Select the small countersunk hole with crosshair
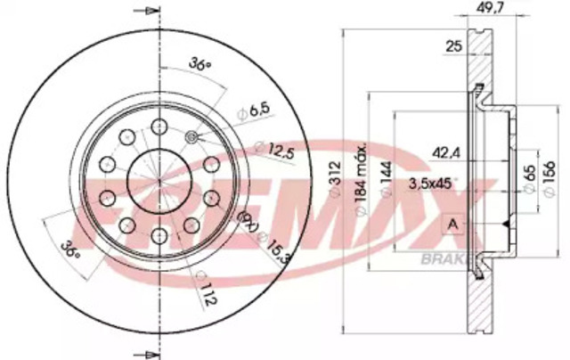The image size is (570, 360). [x=192, y=136]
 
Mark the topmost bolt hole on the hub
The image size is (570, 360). [x=160, y=125]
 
